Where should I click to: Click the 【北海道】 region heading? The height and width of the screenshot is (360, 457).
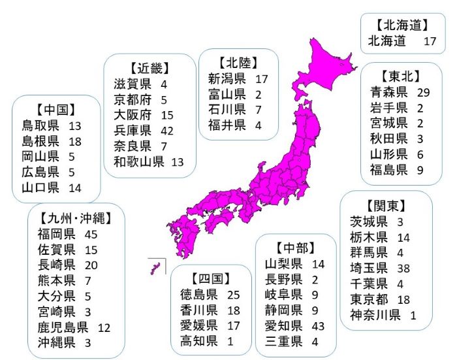click(402, 26)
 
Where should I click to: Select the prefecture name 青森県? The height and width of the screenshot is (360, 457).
click(388, 91)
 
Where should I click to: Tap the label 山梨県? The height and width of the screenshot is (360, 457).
click(283, 263)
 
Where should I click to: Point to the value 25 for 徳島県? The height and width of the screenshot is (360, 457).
click(234, 295)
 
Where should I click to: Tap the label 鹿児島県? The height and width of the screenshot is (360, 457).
click(63, 327)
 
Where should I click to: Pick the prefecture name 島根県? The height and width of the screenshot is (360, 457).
click(40, 141)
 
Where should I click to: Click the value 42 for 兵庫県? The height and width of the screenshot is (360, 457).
click(169, 130)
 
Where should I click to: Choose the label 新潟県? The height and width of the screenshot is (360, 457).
click(227, 79)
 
